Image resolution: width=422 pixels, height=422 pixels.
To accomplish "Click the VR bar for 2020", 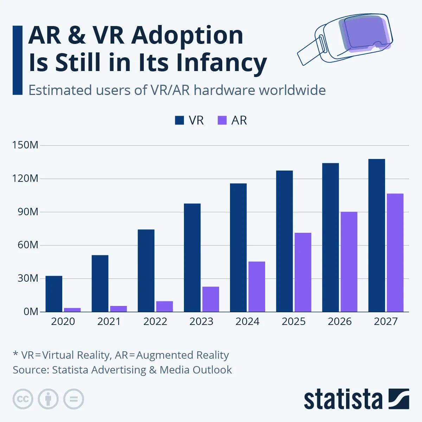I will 54,294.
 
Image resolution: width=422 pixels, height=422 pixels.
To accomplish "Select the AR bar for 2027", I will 395,252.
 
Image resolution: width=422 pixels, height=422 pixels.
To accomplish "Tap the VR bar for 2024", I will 238,248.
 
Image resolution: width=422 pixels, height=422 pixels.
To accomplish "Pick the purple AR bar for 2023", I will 210,299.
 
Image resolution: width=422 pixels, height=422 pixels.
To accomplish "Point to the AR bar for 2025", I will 303,272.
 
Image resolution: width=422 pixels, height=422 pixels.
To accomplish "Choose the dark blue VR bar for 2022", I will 146,270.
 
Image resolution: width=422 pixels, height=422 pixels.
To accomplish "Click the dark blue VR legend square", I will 179,121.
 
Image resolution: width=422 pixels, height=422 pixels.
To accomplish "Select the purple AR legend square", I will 222,121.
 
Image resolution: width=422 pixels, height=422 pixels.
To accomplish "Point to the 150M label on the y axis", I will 25,145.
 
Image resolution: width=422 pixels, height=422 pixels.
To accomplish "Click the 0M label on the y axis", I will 31,312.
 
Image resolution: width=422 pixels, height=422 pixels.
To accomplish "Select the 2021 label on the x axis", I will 109,321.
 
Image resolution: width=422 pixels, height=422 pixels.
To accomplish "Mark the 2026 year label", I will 340,321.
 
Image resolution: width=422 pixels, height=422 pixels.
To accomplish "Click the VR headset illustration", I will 346,39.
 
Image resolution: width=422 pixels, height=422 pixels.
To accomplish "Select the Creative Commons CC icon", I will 23,399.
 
